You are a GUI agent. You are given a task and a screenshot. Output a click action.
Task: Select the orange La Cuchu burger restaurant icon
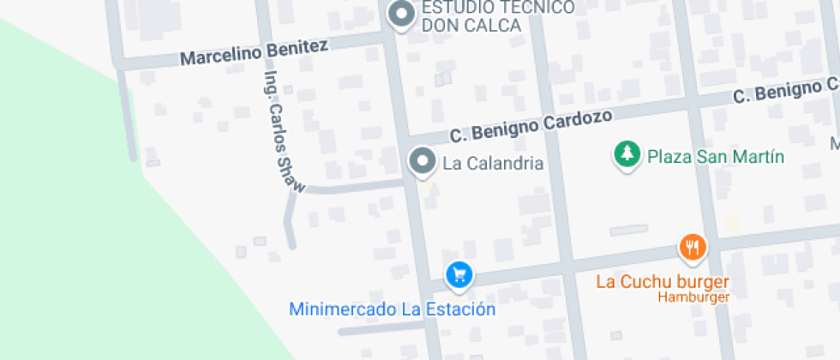coord(693,248)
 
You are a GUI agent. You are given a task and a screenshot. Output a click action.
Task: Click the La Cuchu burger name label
coord(663,281)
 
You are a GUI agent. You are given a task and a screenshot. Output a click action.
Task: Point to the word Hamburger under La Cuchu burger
coord(693,297)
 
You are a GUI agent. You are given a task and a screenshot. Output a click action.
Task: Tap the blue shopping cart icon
coord(459,274)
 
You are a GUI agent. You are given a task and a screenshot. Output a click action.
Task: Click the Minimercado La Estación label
coord(392,309)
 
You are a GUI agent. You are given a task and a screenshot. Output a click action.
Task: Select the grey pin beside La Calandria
coord(421,160)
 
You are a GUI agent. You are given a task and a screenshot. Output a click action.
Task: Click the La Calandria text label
coord(493,163)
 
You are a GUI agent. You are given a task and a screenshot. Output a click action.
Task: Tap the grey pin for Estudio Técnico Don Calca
coord(400,14)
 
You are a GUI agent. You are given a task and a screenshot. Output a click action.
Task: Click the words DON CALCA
coord(471,25)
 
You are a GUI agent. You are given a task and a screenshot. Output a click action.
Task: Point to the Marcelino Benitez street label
coord(254,53)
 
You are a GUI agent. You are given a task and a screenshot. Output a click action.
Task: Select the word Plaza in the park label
coord(667,157)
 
